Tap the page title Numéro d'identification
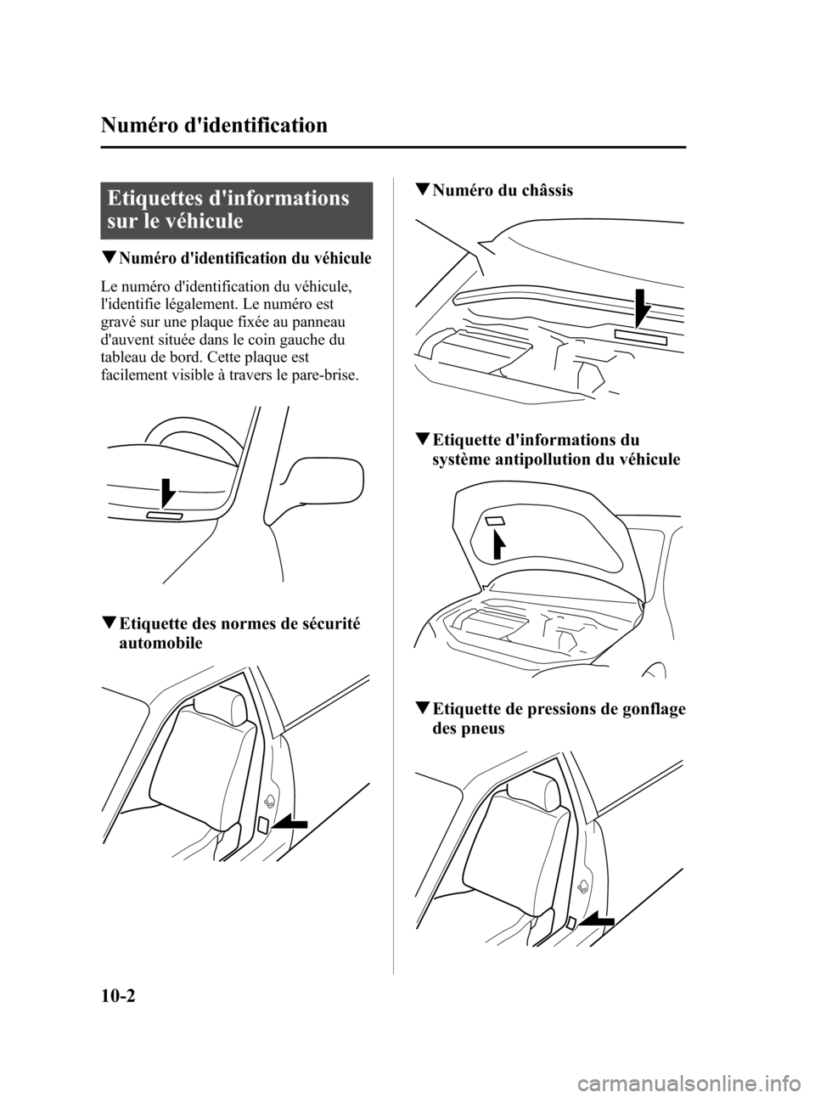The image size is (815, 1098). [213, 127]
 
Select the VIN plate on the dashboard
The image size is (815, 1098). [164, 516]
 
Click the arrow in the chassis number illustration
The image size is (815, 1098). [643, 307]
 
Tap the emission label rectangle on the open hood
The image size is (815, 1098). [496, 521]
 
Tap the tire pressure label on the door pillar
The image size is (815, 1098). [571, 921]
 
